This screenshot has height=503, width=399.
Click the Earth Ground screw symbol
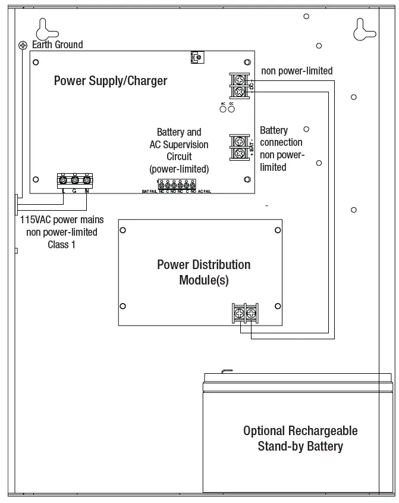pos(23,45)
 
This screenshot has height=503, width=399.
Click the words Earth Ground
pos(58,45)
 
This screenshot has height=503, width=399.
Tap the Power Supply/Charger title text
pos(111,81)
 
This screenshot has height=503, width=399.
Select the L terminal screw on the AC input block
pos(63,180)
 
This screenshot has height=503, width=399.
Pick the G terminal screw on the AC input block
pos(75,180)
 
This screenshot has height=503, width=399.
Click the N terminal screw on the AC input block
pos(87,180)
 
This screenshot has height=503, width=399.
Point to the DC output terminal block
pos(238,85)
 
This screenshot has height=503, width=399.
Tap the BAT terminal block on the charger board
pos(238,147)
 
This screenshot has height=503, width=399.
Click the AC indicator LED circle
pos(223,109)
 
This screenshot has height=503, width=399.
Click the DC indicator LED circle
pos(231,109)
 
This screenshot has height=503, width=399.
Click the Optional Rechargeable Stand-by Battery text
pos(300,438)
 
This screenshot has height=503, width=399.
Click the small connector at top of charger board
pos(196,57)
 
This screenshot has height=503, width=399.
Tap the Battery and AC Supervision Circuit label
pos(179,151)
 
